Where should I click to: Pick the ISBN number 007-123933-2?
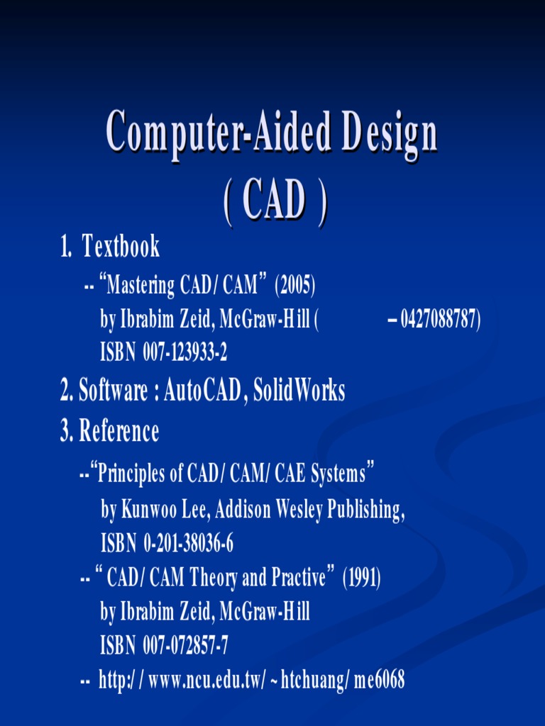point(185,352)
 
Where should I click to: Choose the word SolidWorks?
point(299,391)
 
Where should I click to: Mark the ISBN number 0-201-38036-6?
point(188,544)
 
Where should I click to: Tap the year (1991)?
point(362,578)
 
